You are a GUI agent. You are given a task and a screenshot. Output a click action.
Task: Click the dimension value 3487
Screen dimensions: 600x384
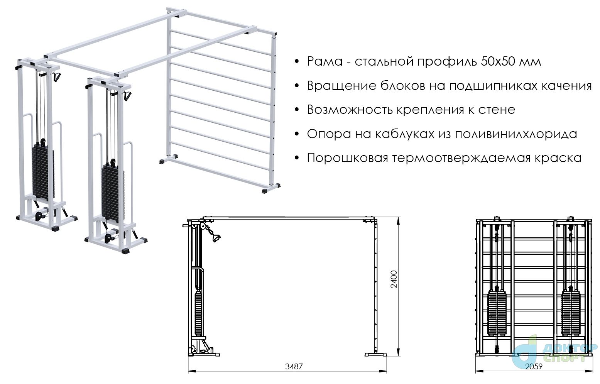click(294, 366)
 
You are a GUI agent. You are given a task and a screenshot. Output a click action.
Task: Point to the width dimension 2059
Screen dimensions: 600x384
click(534, 366)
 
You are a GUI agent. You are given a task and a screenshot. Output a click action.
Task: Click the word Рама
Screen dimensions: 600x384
click(325, 62)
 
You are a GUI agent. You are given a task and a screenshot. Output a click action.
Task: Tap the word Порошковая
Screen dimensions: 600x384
click(347, 158)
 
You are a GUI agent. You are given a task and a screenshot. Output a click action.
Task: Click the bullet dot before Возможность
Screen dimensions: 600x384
click(296, 110)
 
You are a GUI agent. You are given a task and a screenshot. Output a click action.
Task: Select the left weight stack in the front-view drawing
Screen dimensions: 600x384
click(497, 313)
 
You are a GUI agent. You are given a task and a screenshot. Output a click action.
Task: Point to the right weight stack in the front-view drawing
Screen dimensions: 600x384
click(571, 313)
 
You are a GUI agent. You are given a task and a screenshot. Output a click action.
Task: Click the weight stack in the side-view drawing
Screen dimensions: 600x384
click(198, 313)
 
